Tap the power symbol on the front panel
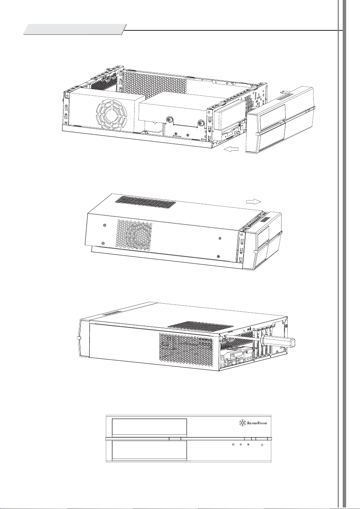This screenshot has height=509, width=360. (262, 445)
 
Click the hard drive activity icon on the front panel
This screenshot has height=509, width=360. (233, 444)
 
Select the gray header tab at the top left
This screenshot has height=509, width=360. (75, 29)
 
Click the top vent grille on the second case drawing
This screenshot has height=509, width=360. (146, 201)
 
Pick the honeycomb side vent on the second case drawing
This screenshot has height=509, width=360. (134, 235)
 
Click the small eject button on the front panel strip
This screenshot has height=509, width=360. (175, 439)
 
